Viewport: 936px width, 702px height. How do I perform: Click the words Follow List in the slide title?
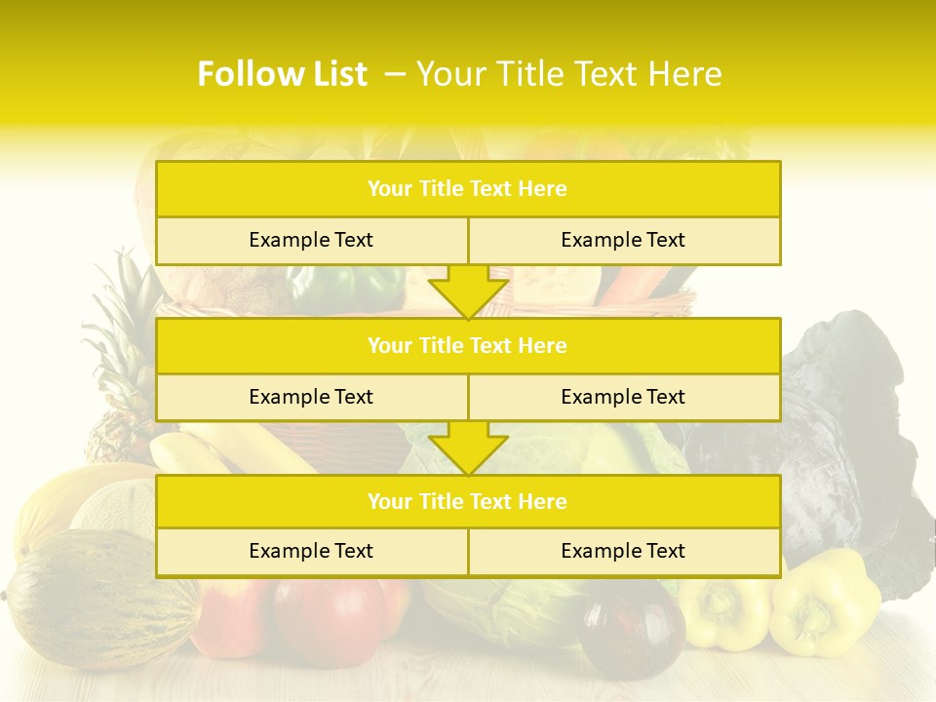pyautogui.click(x=282, y=74)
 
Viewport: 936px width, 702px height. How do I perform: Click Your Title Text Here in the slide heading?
pyautogui.click(x=569, y=74)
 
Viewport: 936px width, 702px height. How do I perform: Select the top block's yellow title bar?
pyautogui.click(x=467, y=189)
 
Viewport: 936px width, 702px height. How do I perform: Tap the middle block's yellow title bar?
pyautogui.click(x=467, y=345)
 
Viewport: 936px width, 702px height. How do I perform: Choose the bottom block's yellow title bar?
pyautogui.click(x=467, y=501)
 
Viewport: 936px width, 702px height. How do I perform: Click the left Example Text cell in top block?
pyautogui.click(x=311, y=240)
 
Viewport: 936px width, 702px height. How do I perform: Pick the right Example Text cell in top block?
pyautogui.click(x=623, y=240)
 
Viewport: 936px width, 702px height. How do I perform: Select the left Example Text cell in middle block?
pyautogui.click(x=311, y=397)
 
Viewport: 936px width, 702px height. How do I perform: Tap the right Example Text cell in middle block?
pyautogui.click(x=623, y=397)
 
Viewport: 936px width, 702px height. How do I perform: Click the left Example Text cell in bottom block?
pyautogui.click(x=311, y=551)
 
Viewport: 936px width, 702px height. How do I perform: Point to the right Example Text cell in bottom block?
pyautogui.click(x=623, y=551)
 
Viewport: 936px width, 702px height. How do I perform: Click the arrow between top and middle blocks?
pyautogui.click(x=468, y=292)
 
